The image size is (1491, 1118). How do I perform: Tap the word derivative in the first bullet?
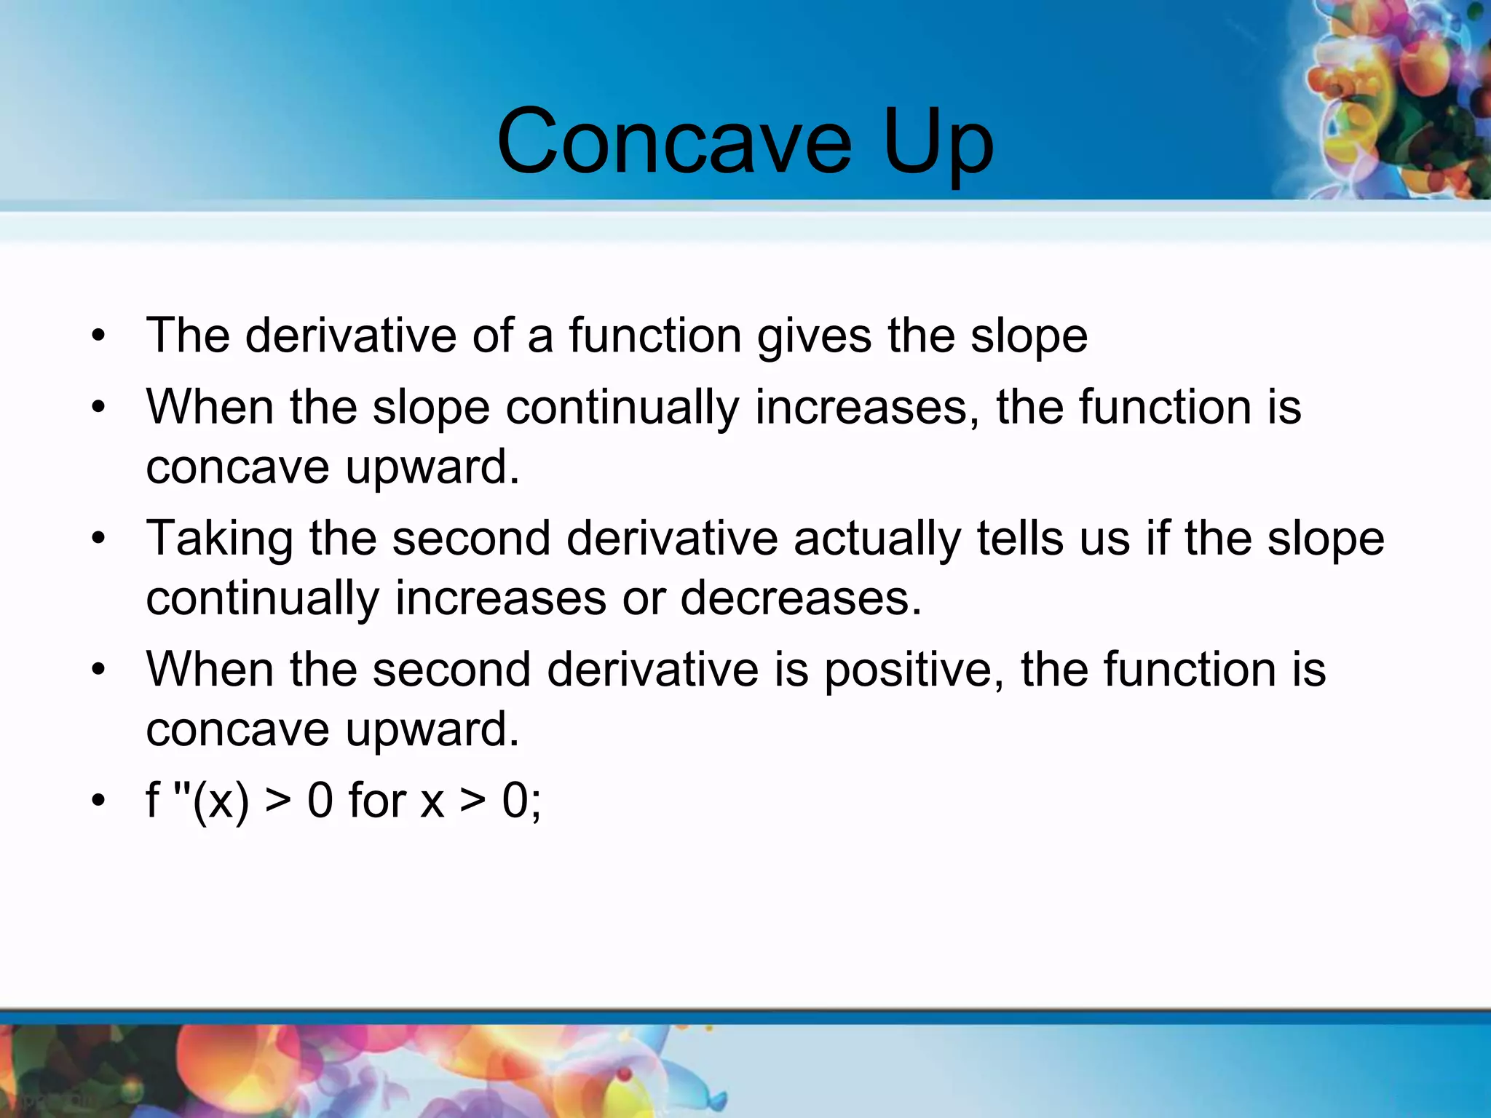[350, 336]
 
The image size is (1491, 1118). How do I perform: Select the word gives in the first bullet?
[814, 337]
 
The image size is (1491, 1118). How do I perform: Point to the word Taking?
[219, 539]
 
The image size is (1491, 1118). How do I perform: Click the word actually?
[877, 539]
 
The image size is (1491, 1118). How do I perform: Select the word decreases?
[801, 598]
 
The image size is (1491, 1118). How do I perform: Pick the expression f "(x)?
[197, 801]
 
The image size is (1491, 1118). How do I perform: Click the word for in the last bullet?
[377, 801]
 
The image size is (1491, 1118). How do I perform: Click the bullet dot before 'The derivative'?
[99, 336]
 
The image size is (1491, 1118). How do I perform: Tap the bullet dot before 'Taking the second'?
[99, 539]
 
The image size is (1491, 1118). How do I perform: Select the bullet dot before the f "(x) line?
[99, 801]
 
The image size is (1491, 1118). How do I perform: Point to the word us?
[1105, 539]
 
